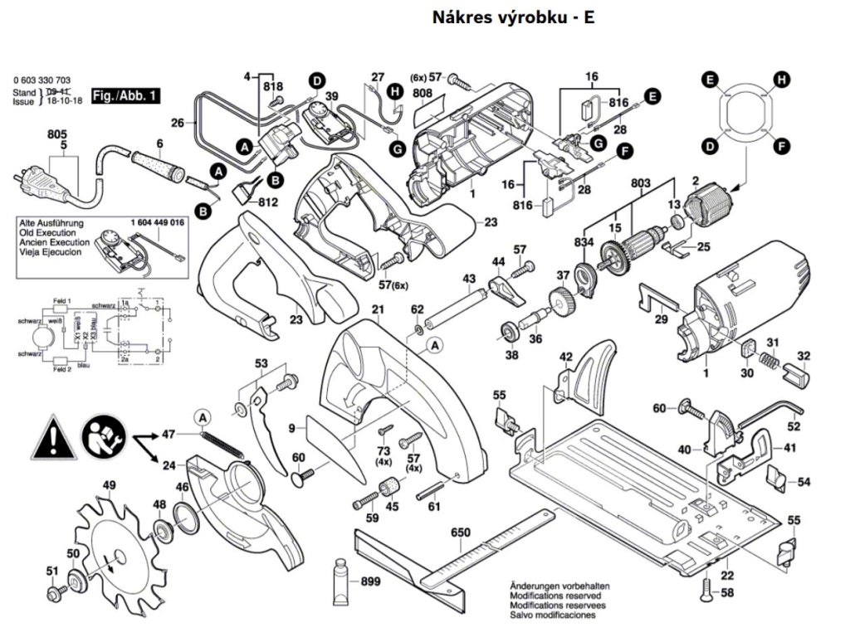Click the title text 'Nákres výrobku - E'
(513, 17)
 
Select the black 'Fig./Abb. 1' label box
(125, 96)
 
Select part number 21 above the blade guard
(379, 310)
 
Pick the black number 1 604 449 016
(157, 224)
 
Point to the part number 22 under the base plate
(726, 576)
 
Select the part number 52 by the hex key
(794, 426)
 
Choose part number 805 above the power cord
(57, 134)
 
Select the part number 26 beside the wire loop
(177, 123)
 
